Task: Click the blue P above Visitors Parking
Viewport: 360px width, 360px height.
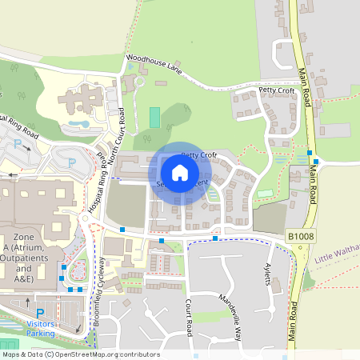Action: point(40,313)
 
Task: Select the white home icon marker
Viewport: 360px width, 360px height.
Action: point(180,172)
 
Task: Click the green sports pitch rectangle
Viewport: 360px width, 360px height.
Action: point(154,116)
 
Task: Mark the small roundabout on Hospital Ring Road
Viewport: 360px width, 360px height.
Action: point(86,218)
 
